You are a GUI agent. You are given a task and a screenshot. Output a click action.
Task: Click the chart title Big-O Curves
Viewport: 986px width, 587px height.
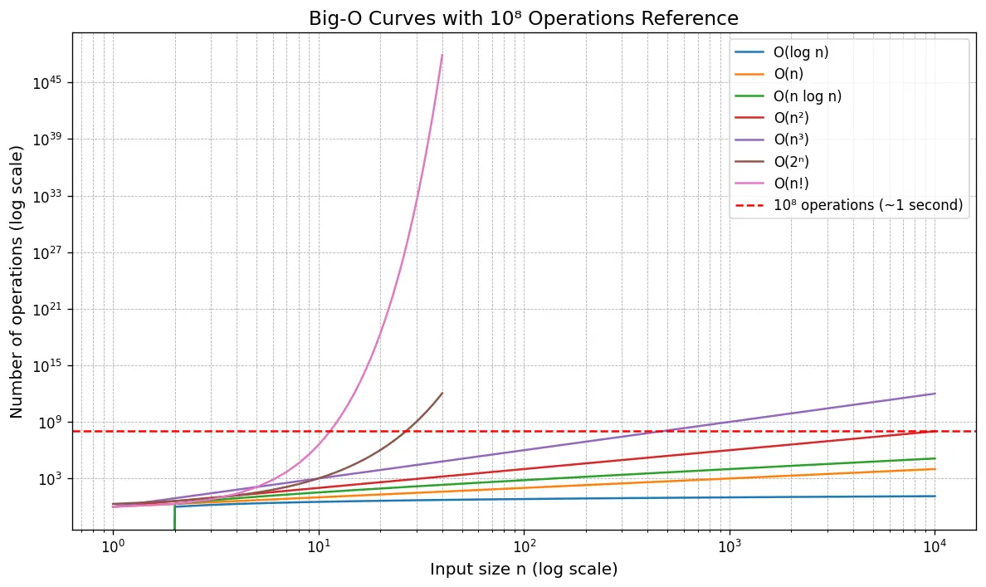524,17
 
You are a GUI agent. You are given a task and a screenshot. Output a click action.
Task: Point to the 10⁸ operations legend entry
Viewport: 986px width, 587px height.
867,206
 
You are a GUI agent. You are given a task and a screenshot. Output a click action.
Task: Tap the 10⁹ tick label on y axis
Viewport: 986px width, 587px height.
51,423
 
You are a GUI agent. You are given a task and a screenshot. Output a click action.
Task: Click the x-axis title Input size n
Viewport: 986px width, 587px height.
524,570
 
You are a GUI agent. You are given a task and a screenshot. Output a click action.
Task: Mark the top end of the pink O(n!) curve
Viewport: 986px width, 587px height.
442,55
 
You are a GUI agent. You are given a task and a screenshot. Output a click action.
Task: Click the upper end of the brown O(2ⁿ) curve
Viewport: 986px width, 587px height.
442,393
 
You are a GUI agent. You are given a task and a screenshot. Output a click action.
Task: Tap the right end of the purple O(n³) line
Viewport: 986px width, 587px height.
935,394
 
